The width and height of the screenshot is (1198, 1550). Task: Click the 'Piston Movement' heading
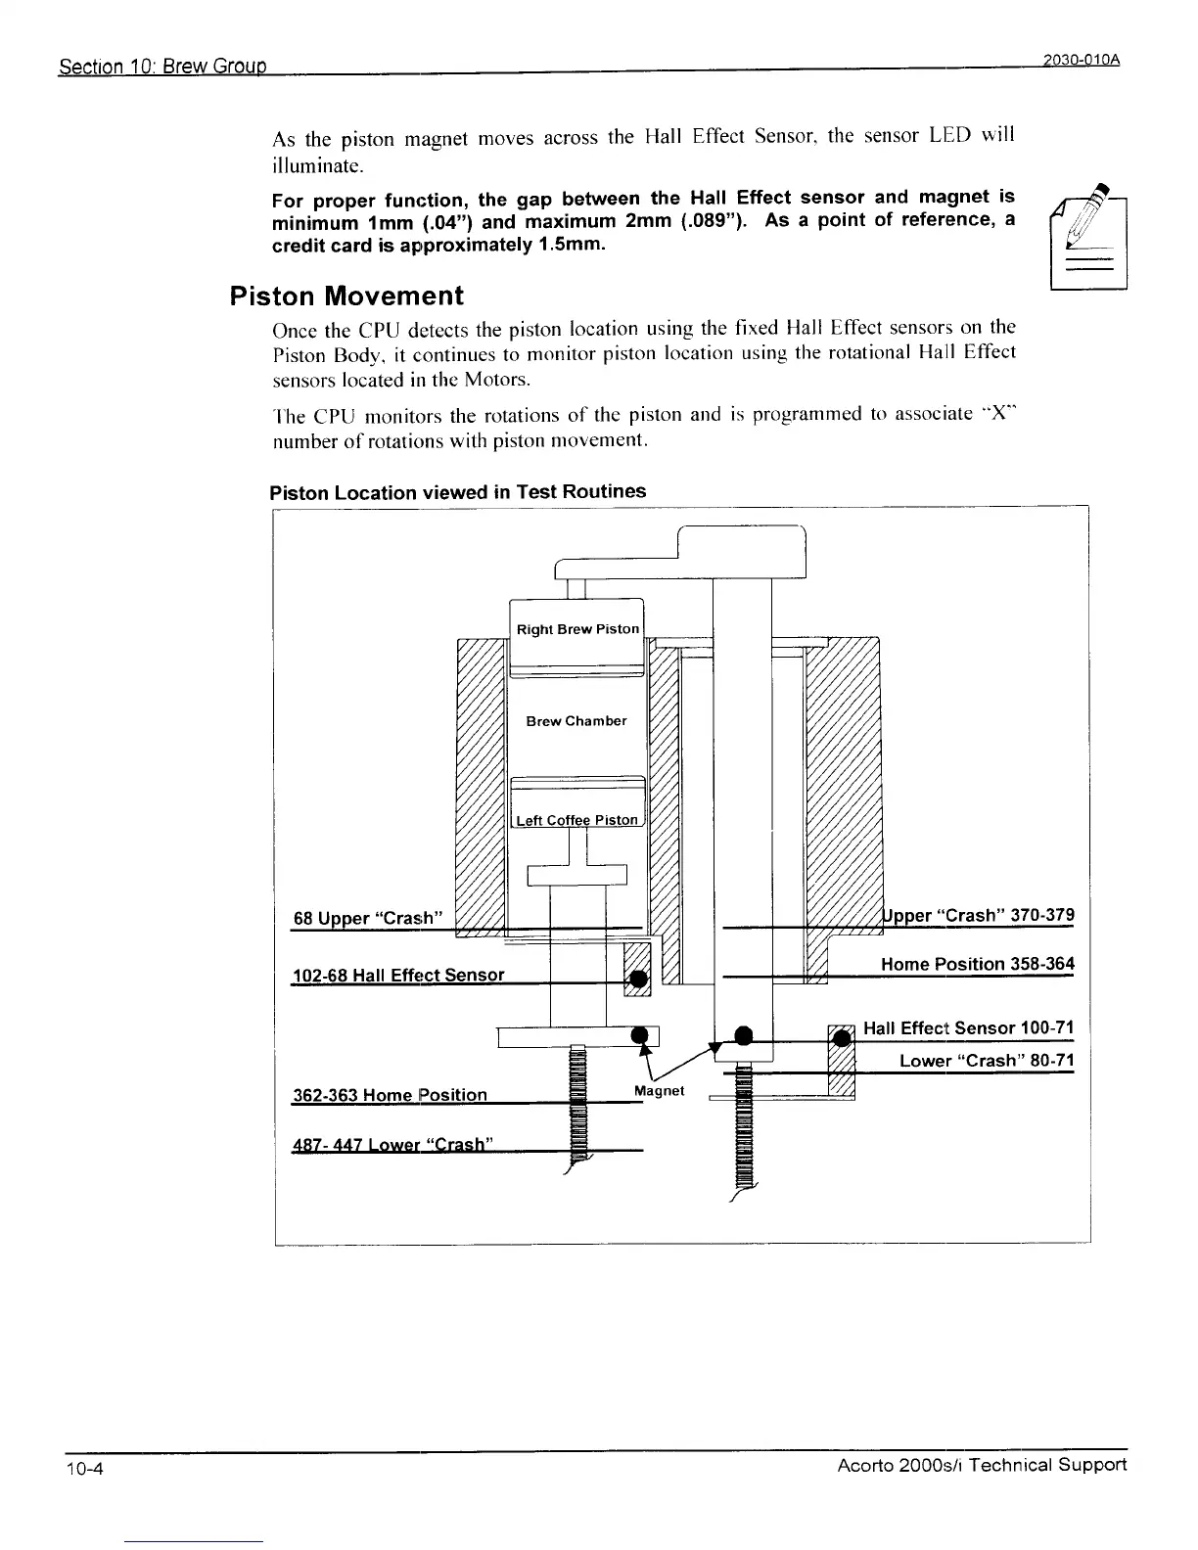346,296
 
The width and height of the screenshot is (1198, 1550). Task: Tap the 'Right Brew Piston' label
577,629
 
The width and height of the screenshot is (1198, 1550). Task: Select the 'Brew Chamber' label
576,721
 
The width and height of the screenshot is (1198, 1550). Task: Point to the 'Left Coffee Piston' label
576,820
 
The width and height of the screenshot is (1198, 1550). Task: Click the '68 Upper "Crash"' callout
370,918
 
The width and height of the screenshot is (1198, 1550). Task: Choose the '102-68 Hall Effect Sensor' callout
398,975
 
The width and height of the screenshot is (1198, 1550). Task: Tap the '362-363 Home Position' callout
390,1094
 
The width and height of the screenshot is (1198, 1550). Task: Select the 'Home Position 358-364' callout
977,964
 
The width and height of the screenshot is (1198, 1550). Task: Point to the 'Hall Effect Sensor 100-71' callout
968,1027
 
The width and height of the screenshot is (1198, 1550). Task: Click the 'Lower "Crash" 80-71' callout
986,1061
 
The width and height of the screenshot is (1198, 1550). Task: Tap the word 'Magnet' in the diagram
659,1090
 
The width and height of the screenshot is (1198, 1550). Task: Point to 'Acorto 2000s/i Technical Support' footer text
982,1465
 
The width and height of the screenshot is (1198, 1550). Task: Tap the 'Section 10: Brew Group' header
163,68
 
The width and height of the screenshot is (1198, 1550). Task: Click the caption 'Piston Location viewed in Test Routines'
457,491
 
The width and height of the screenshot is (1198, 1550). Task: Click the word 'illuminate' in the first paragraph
316,161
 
